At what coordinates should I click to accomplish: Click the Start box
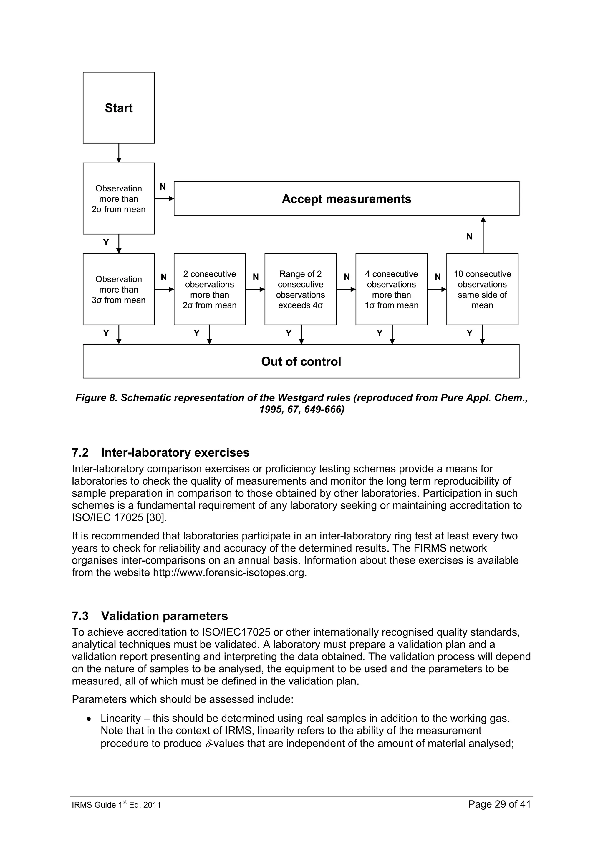pos(119,108)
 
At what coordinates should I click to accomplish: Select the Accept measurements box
pos(346,198)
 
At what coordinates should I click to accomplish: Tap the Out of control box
pos(301,361)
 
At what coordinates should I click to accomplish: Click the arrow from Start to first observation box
pos(119,153)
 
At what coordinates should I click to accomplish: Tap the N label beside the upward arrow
pos(469,236)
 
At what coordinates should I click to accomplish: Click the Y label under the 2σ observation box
pos(106,242)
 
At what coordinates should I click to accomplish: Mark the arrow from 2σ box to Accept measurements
pos(164,198)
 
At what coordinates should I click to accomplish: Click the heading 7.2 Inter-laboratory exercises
pos(160,452)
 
